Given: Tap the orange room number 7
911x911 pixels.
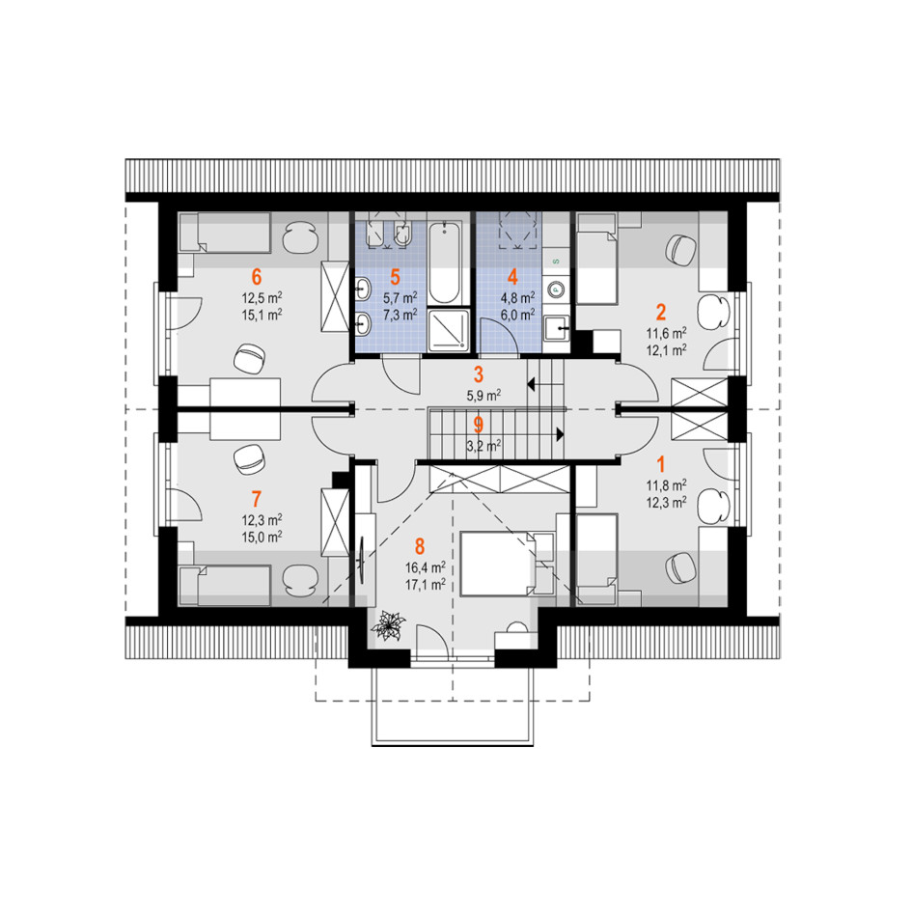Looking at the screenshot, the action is (257, 499).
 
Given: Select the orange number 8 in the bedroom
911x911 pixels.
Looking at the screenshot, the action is (420, 546).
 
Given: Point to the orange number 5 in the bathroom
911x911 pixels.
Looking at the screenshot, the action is (395, 277).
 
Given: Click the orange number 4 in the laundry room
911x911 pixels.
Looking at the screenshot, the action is (512, 277).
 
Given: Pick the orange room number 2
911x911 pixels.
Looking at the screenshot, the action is (661, 313).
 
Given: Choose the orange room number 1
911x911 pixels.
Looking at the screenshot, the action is (661, 464).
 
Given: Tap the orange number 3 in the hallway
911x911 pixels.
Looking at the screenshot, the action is (478, 374).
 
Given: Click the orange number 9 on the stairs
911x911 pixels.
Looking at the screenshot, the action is (478, 425).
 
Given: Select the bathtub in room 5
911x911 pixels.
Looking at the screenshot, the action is (445, 262).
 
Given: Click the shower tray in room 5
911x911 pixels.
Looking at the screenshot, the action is (448, 330).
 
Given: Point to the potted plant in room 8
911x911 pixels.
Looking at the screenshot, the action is (388, 626).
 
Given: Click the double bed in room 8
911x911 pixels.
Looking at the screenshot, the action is (507, 563).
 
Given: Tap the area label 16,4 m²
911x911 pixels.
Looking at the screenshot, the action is (426, 567).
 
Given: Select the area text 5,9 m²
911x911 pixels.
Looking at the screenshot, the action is (483, 396).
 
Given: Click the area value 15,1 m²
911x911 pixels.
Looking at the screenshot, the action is (262, 315).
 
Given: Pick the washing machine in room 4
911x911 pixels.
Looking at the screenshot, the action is (556, 289).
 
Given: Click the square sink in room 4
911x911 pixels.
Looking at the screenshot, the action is (556, 329).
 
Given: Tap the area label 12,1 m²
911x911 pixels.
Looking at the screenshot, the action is (667, 350).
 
